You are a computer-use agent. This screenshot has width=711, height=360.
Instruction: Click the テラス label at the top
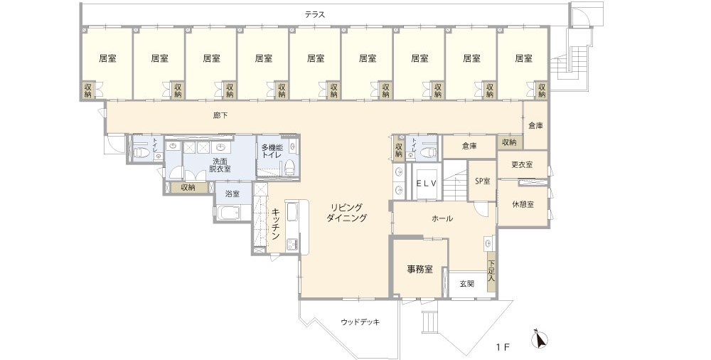[315, 14]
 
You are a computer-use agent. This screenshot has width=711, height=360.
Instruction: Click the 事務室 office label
[419, 270]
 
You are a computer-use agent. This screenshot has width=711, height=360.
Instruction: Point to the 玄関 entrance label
[466, 284]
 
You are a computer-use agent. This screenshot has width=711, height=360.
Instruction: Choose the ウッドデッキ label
[360, 322]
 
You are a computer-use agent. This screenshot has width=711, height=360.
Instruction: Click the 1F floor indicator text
[503, 348]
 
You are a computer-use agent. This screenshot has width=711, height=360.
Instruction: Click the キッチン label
[275, 225]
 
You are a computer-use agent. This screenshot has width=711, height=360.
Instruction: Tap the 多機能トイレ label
[273, 151]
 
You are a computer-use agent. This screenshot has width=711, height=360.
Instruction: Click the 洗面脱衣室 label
[220, 165]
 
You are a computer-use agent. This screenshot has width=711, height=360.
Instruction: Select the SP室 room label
[482, 181]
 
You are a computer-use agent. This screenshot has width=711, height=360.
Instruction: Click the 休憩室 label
[523, 203]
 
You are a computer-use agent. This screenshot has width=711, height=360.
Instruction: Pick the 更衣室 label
[522, 165]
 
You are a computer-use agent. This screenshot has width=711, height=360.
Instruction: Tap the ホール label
[442, 218]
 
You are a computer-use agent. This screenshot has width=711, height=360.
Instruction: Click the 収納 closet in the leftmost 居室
[87, 90]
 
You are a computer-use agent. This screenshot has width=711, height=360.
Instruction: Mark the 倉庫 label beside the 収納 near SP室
[469, 146]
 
